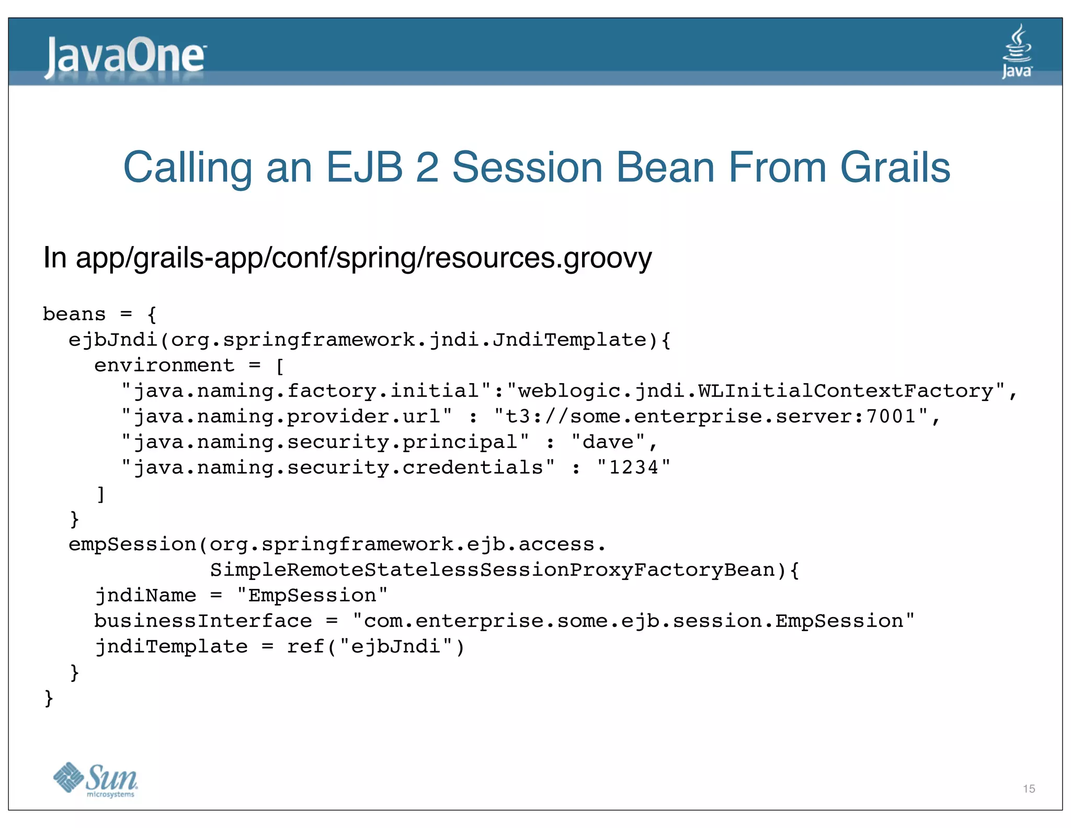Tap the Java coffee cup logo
(1017, 51)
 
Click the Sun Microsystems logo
(96, 780)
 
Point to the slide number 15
(1029, 789)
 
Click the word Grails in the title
(895, 167)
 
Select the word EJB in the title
(364, 167)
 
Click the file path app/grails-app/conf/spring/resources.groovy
(364, 258)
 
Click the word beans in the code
(74, 314)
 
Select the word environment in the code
(164, 365)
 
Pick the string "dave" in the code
(608, 442)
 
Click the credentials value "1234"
(633, 467)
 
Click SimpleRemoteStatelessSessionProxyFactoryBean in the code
(492, 570)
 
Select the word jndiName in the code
(145, 596)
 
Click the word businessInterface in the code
(203, 621)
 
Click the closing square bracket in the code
(100, 494)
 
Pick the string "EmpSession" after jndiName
(312, 596)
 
